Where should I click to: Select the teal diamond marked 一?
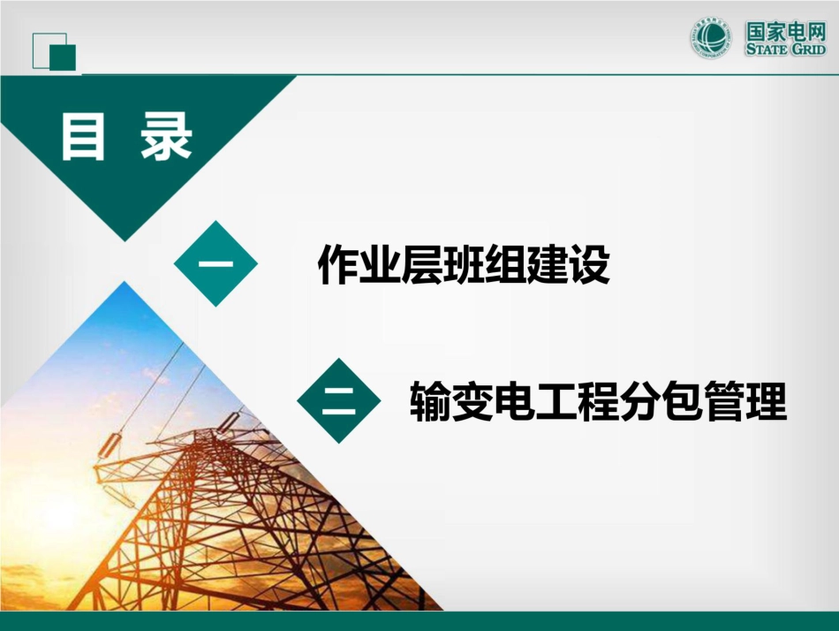[215, 263]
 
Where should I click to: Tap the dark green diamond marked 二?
[339, 401]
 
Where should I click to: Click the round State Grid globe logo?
[712, 40]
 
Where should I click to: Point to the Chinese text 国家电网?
[785, 32]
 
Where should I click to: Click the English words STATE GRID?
[785, 49]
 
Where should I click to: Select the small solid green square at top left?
[63, 57]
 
